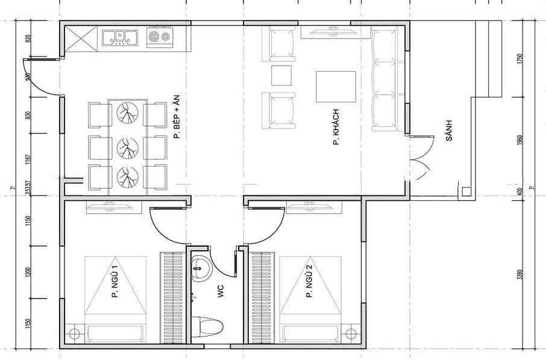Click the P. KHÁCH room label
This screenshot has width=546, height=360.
point(334,127)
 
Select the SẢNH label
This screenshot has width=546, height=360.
point(449,130)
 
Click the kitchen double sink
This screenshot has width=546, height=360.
point(119,37)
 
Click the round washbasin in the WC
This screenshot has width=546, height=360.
point(200,267)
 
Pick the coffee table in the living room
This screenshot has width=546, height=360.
point(336,87)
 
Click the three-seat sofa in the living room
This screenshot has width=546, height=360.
point(384,80)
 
